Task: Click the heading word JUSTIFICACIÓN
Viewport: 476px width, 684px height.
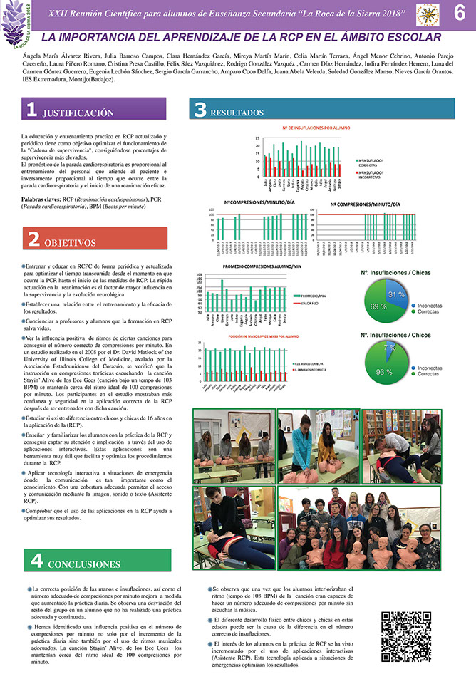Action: click(x=78, y=113)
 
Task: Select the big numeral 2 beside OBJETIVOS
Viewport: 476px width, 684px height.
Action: click(x=33, y=240)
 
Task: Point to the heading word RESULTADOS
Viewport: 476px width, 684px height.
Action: click(x=239, y=113)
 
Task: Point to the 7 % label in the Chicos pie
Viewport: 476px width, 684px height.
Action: click(x=389, y=348)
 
